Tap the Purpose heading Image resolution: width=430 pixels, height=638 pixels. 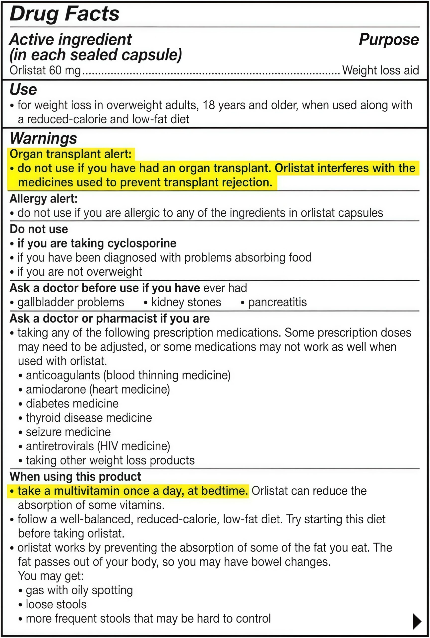click(389, 40)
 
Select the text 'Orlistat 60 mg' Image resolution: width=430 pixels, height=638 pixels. click(45, 70)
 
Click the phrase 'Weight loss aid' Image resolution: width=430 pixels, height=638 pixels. click(380, 70)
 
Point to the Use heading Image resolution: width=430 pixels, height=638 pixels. click(23, 89)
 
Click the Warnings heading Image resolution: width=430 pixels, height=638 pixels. click(43, 138)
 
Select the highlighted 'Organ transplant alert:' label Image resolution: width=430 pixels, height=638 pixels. click(70, 154)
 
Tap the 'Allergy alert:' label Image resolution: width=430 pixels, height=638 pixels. click(43, 199)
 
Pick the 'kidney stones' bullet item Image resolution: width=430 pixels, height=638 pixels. click(186, 302)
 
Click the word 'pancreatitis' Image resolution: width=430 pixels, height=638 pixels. click(277, 302)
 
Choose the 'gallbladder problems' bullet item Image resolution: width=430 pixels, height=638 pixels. click(71, 302)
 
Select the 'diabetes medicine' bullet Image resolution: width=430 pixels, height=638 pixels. click(72, 404)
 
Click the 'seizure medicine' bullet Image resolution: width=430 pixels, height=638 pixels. click(68, 432)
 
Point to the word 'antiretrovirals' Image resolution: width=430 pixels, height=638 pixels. click(60, 446)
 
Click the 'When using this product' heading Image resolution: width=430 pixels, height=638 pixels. click(75, 477)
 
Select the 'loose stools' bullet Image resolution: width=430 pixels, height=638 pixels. click(56, 605)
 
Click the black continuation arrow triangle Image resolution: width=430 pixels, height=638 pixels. click(417, 622)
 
